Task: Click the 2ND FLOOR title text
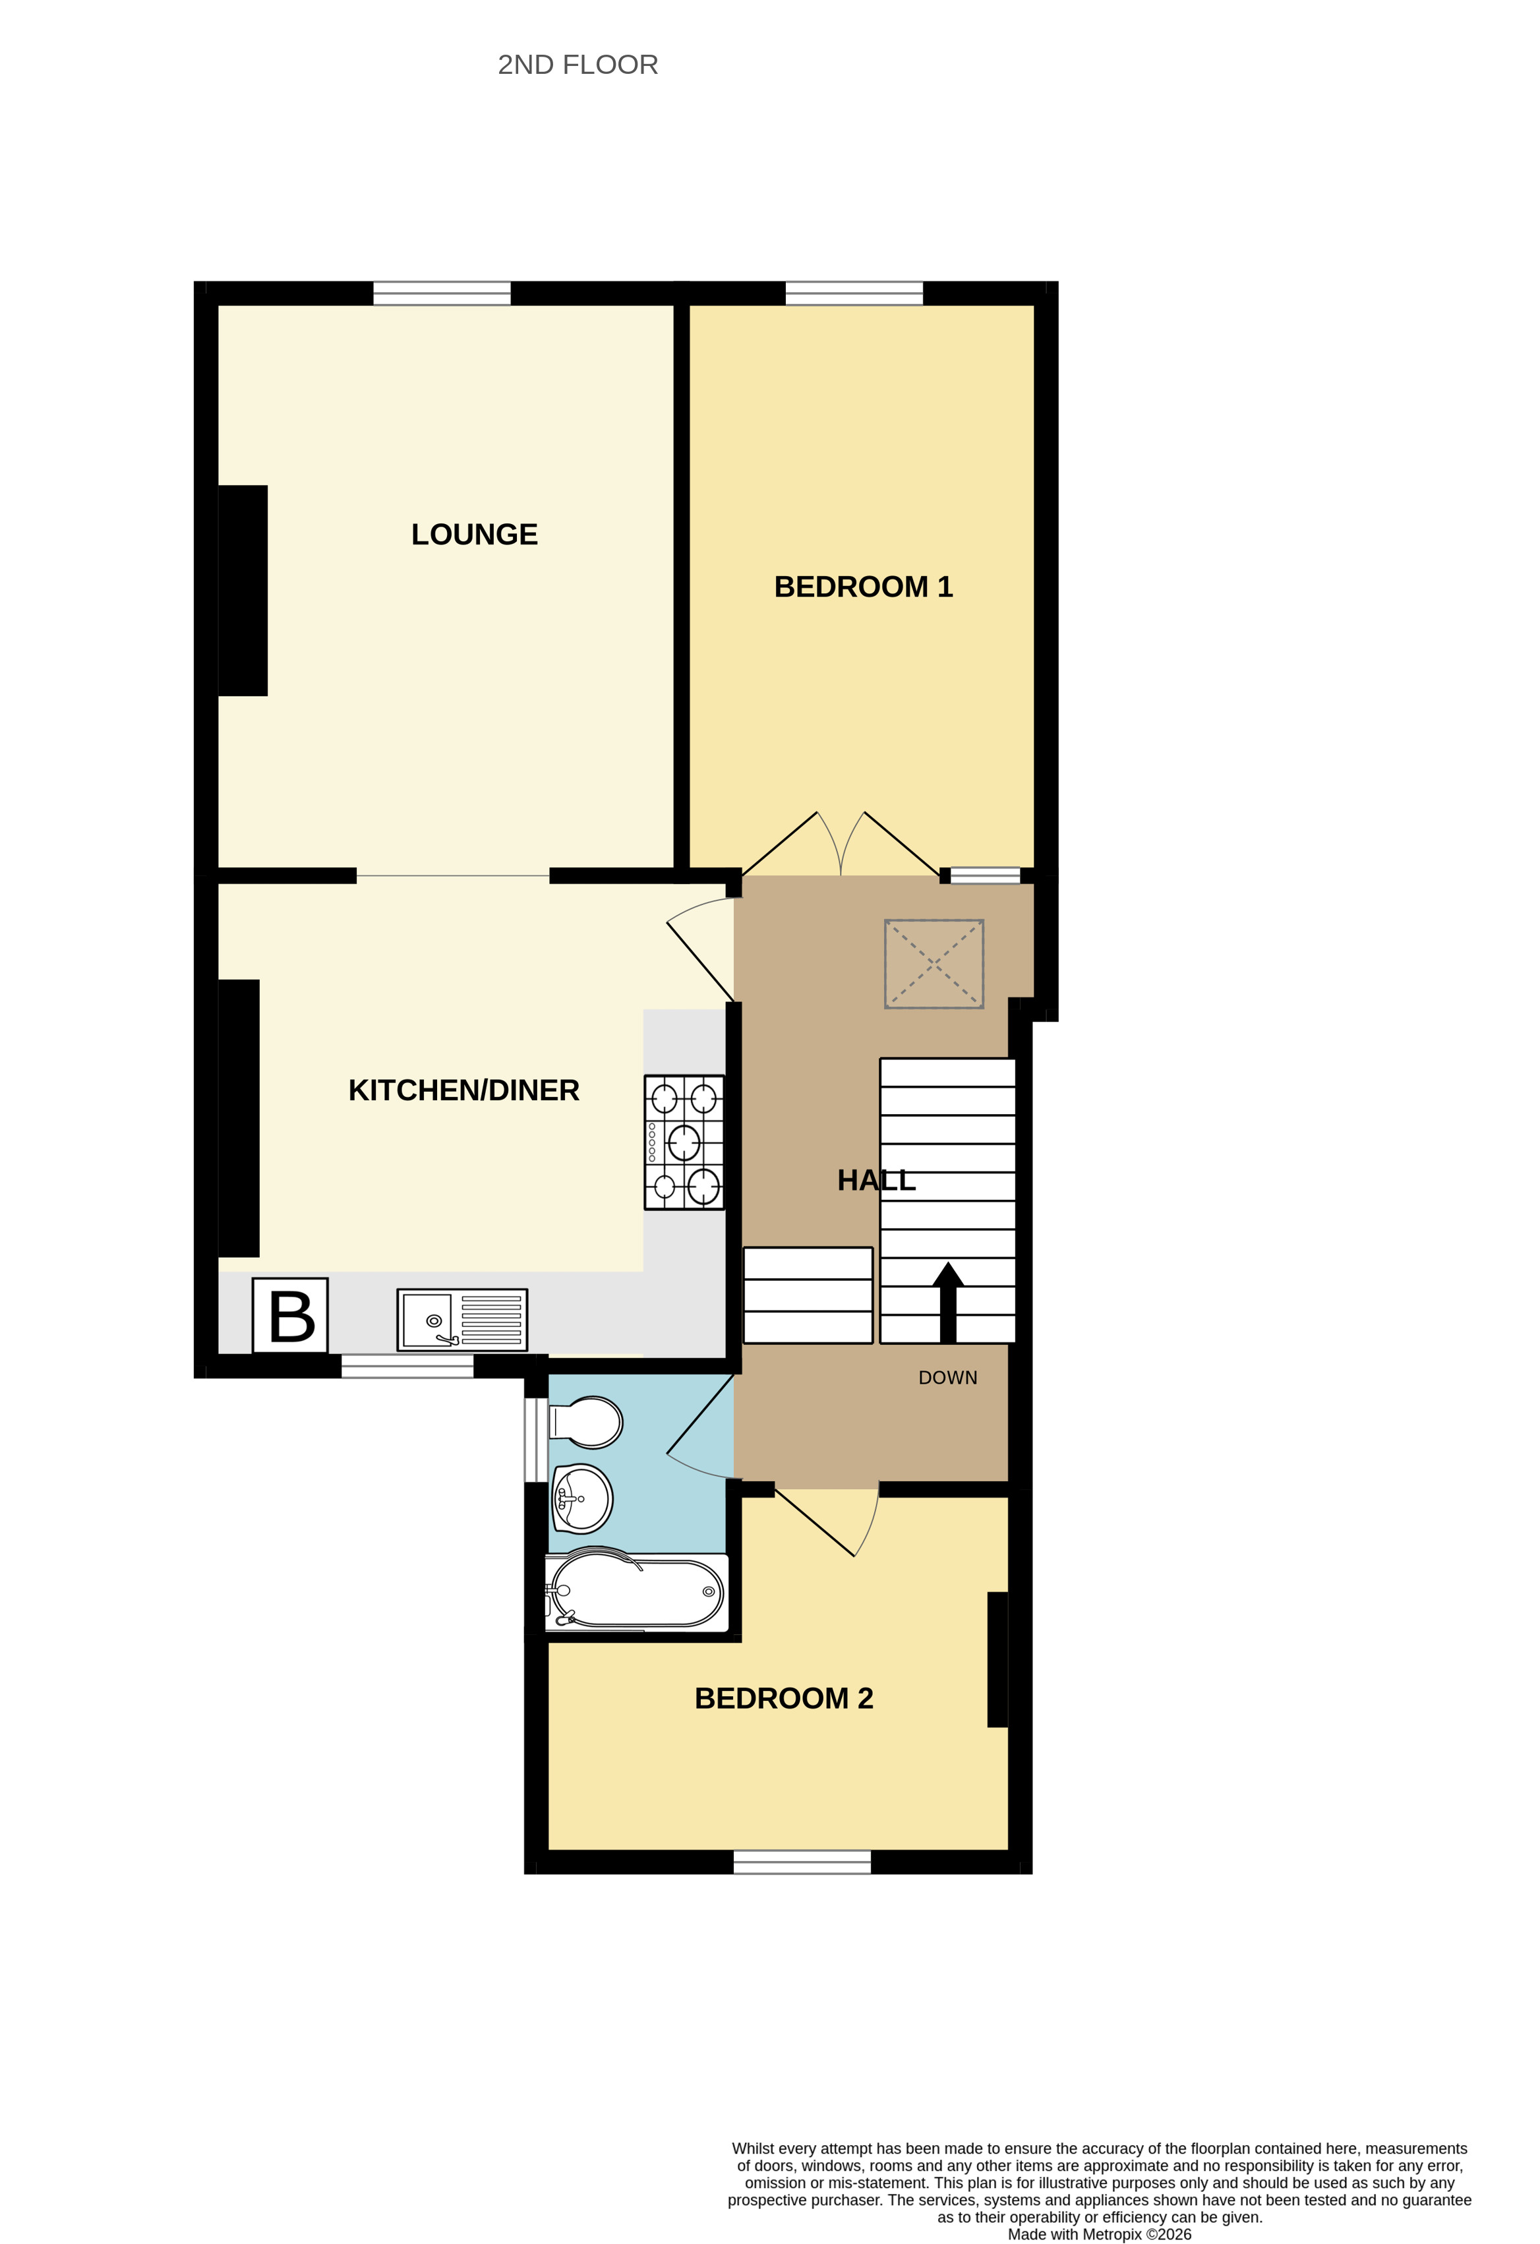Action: [x=577, y=65]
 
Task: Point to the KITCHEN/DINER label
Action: [x=463, y=1090]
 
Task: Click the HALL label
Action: [x=875, y=1180]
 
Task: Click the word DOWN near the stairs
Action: [x=947, y=1378]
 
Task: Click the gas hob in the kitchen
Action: [x=684, y=1142]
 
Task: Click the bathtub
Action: [x=636, y=1590]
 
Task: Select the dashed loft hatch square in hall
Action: [x=933, y=964]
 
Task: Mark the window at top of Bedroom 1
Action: [x=854, y=293]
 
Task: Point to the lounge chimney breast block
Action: [x=243, y=590]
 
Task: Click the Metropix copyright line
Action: [x=1099, y=2234]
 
